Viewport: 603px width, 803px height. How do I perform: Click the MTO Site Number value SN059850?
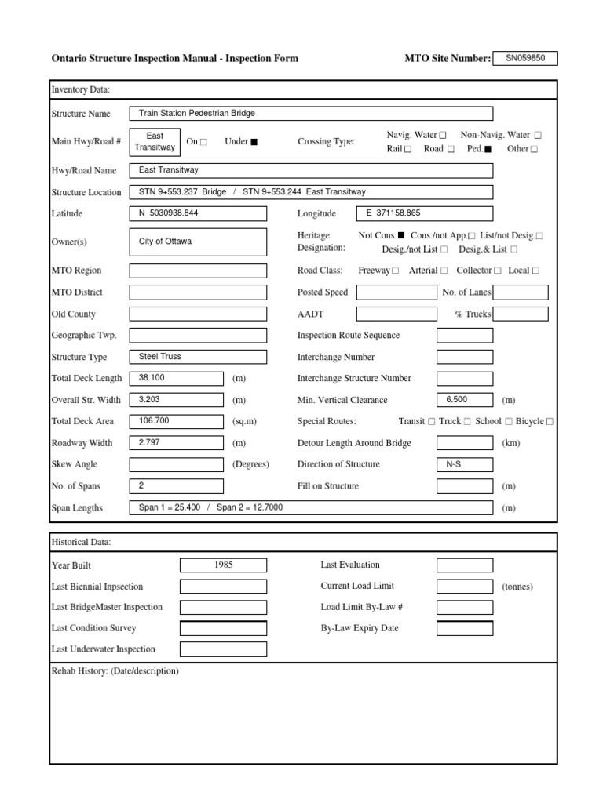click(524, 58)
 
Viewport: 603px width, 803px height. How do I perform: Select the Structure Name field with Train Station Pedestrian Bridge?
click(311, 114)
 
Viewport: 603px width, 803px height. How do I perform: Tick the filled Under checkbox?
click(254, 142)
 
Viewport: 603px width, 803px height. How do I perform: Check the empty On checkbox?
click(204, 142)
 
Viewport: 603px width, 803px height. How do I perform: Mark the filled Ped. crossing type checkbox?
click(488, 149)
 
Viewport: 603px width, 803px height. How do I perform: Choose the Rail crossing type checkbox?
click(407, 149)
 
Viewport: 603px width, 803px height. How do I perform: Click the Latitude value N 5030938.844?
click(198, 213)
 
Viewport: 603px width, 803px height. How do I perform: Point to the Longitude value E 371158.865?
click(425, 213)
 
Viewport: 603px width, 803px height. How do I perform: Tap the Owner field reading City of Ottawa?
click(198, 242)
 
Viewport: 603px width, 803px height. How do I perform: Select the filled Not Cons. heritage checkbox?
click(402, 235)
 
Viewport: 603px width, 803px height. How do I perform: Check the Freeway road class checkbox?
click(395, 271)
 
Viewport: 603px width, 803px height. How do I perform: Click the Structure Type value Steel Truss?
click(198, 357)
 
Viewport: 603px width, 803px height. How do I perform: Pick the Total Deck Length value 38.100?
click(177, 378)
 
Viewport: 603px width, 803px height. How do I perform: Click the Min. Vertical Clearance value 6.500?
click(465, 400)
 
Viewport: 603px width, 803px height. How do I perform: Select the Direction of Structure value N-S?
click(465, 464)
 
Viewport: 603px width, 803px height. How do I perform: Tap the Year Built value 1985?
click(223, 565)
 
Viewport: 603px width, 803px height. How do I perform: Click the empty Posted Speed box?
click(396, 292)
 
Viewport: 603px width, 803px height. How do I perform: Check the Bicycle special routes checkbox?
click(550, 421)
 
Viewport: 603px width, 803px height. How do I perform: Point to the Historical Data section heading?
click(81, 543)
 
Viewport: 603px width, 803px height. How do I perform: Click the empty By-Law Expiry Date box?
click(465, 628)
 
